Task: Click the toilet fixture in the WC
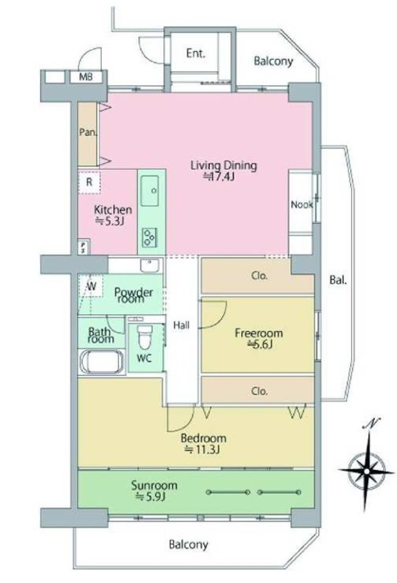pos(145,336)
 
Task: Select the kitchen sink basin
pos(150,191)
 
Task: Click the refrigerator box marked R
pos(89,182)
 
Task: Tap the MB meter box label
pos(86,76)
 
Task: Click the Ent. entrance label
pos(196,54)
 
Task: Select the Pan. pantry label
pos(88,132)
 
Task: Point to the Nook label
pos(302,205)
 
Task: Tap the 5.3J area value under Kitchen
pos(110,221)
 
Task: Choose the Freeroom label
pos(259,333)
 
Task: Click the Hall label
pos(181,325)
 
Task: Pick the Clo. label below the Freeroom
pos(259,391)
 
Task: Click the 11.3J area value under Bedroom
pos(202,450)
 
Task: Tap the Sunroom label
pos(154,486)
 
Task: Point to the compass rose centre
pos(366,471)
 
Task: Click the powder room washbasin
pos(150,266)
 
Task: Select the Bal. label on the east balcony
pos(338,280)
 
